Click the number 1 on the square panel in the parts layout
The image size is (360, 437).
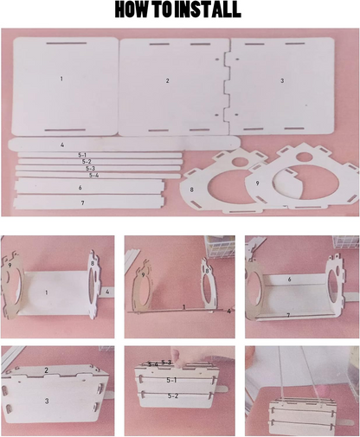[x=61, y=79]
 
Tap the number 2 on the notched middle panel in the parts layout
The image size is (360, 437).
[x=167, y=81]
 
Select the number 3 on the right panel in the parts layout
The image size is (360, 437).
[x=282, y=80]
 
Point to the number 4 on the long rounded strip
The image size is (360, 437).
[x=62, y=145]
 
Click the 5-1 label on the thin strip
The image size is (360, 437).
[x=82, y=155]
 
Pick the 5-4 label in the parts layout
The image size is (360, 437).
[x=93, y=175]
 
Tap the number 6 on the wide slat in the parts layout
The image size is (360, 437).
[x=80, y=188]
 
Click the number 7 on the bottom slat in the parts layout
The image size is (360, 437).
[x=83, y=203]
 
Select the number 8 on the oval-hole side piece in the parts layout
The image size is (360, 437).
[x=191, y=190]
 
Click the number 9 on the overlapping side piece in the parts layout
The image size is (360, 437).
[x=257, y=183]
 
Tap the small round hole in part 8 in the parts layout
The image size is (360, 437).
[x=241, y=162]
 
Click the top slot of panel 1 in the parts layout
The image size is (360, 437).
[x=67, y=43]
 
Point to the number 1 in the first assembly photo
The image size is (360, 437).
[x=46, y=292]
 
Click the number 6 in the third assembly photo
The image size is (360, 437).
[x=289, y=280]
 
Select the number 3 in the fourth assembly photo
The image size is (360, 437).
[x=47, y=401]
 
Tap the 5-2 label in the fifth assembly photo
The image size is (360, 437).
[x=173, y=396]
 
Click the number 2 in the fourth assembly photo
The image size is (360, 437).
[x=46, y=370]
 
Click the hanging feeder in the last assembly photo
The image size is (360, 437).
[x=312, y=413]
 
